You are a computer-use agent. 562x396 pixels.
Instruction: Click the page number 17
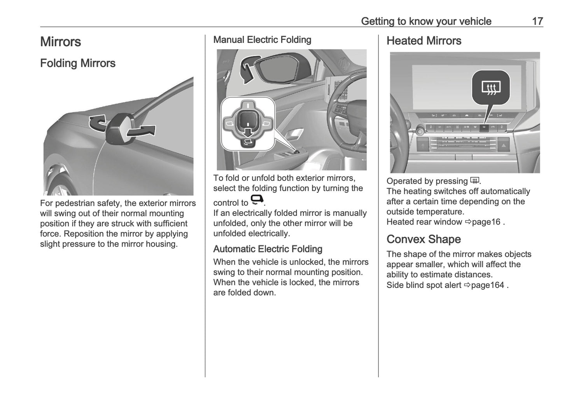pyautogui.click(x=537, y=21)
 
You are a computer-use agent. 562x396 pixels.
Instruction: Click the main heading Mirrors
pyautogui.click(x=60, y=42)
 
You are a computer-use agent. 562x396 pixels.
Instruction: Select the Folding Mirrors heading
pyautogui.click(x=78, y=63)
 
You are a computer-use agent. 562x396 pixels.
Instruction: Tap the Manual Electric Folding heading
pyautogui.click(x=262, y=40)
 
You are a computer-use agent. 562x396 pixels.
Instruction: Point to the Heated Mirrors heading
pyautogui.click(x=424, y=40)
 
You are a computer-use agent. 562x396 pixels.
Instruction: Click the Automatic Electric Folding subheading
pyautogui.click(x=268, y=249)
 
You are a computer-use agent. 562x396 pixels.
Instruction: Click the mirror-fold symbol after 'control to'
pyautogui.click(x=257, y=200)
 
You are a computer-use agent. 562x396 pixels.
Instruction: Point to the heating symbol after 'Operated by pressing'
pyautogui.click(x=474, y=180)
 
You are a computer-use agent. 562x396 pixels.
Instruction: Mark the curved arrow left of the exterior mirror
pyautogui.click(x=97, y=123)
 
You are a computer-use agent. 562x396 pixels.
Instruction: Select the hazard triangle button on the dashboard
pyautogui.click(x=503, y=147)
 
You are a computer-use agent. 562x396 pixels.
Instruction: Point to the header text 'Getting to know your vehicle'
pyautogui.click(x=426, y=21)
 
